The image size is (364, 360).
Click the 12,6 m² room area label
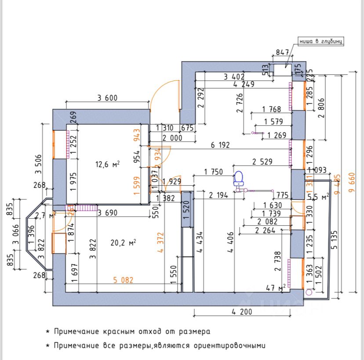pos(108,165)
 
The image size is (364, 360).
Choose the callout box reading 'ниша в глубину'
pos(320,42)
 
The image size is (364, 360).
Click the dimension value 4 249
pos(244,84)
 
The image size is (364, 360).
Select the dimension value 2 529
pos(262,162)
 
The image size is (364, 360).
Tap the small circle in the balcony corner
pos(309,292)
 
